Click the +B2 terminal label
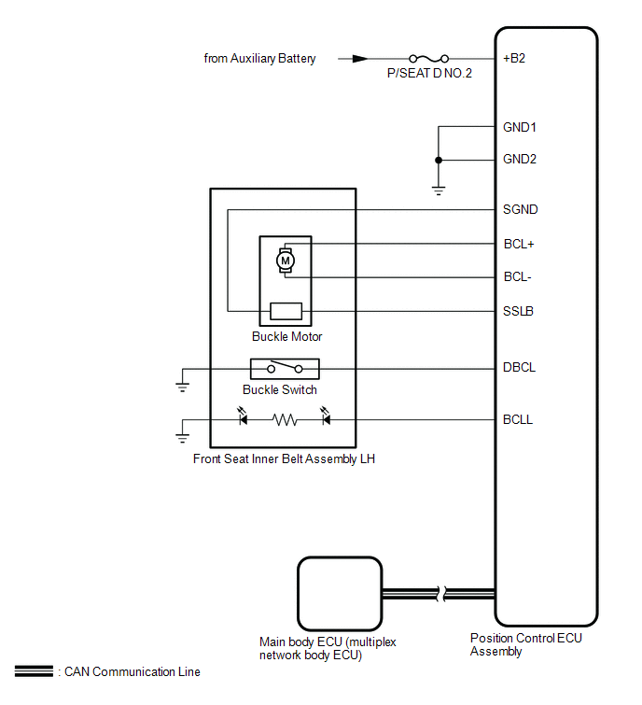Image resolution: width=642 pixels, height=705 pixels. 514,58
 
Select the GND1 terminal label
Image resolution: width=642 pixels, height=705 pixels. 520,127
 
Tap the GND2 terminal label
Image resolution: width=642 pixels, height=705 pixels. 520,159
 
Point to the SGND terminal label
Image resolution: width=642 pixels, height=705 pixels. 520,209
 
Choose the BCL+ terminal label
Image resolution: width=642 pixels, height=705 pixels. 518,244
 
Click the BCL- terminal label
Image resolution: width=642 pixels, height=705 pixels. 517,277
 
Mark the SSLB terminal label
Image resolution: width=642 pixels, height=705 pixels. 518,311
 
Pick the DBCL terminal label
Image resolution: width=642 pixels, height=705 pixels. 519,368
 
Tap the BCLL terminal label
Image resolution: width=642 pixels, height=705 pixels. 518,420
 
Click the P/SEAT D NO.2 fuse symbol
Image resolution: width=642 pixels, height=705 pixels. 429,58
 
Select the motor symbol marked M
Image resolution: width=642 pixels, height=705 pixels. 285,261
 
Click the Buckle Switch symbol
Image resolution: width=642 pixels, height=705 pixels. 284,368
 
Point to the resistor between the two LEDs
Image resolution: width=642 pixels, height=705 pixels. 285,420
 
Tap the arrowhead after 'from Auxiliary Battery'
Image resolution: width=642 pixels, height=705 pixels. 359,58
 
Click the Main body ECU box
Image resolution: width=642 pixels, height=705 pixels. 339,593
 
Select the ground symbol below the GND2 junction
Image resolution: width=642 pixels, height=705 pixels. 437,191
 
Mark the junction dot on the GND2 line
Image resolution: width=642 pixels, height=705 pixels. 437,160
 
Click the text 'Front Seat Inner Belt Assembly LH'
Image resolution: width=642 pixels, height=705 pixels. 284,458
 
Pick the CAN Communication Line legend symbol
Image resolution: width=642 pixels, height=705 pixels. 33,671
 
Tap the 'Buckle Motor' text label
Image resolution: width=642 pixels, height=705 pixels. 287,336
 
